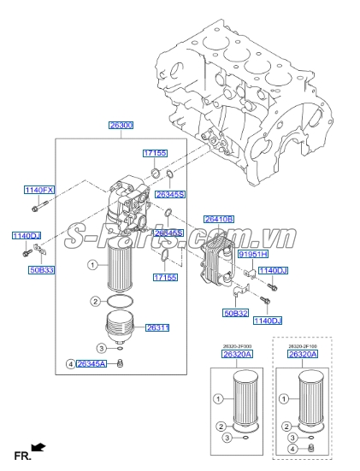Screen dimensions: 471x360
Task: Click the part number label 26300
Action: [x=120, y=125]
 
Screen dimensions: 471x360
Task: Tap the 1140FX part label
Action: [x=38, y=189]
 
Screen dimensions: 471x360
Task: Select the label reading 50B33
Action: [x=41, y=269]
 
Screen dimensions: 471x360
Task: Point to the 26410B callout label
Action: [x=219, y=220]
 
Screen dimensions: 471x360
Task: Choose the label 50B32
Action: [x=235, y=314]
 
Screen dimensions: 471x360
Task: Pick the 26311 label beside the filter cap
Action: [x=158, y=327]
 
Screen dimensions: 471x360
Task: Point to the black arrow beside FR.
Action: [x=38, y=447]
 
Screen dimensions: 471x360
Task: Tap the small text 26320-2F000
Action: [x=236, y=345]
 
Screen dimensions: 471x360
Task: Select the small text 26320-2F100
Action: [x=305, y=345]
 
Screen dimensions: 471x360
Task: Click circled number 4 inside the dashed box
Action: [x=292, y=448]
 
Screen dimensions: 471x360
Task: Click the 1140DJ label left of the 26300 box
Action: [x=26, y=235]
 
